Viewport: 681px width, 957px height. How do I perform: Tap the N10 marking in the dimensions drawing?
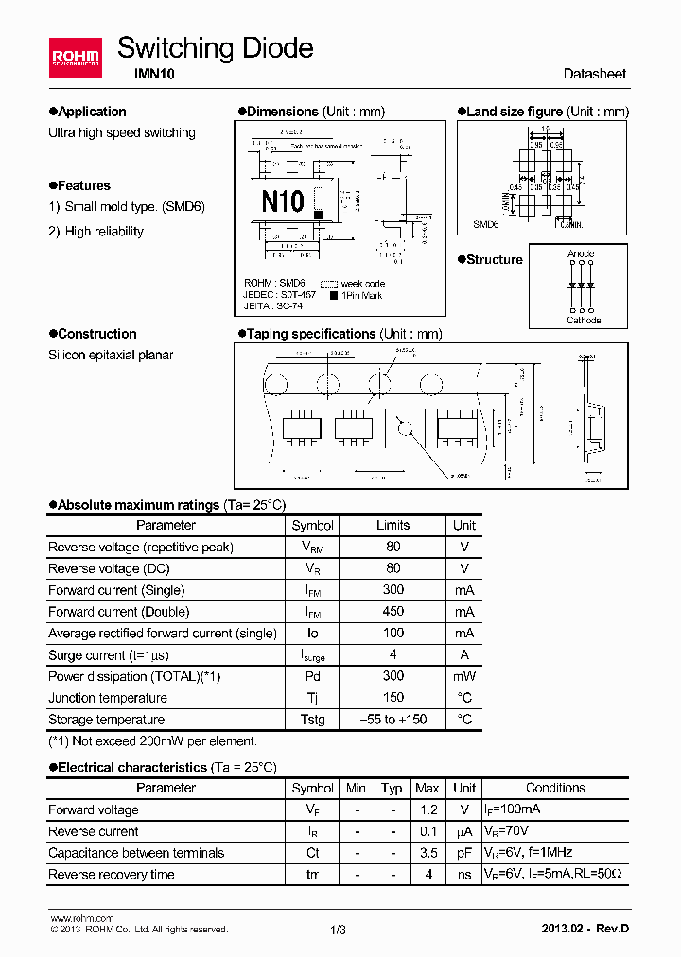click(x=282, y=200)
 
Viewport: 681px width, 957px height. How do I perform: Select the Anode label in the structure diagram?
click(x=581, y=254)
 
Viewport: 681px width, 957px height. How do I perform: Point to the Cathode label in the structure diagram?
click(x=584, y=321)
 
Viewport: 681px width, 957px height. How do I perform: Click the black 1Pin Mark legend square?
click(x=334, y=296)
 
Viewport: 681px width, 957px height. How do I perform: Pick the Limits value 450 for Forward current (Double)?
click(x=393, y=612)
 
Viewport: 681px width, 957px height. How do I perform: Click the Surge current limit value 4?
click(x=393, y=654)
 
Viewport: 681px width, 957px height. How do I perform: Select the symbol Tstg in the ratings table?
click(x=312, y=720)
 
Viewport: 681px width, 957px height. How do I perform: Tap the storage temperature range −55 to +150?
click(x=393, y=720)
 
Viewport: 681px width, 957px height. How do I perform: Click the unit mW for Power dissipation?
click(x=463, y=676)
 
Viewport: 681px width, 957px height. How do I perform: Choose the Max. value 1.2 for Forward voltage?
click(x=428, y=809)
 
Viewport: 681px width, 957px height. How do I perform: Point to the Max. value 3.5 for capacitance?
click(x=428, y=853)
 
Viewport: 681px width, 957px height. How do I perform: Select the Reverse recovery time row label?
click(x=111, y=875)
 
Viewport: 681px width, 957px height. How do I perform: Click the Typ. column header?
click(x=393, y=788)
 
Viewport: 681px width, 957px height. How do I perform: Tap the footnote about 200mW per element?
click(x=152, y=742)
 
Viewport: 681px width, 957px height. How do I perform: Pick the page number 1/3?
click(x=339, y=930)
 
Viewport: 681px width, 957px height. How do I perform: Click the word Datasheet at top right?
click(x=594, y=74)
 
